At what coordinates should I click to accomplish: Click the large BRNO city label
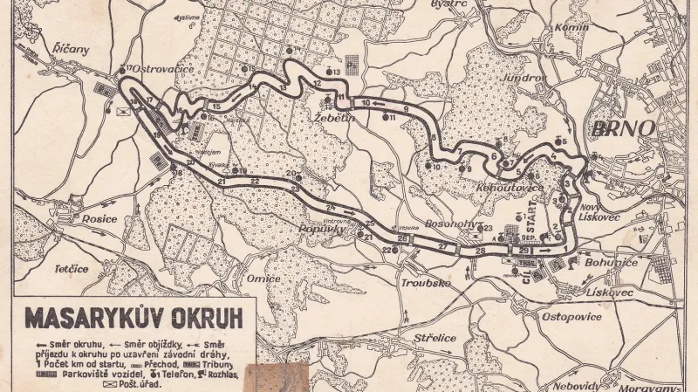[x=624, y=127]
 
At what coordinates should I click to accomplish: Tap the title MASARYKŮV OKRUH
[x=133, y=315]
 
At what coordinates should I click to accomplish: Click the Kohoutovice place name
[x=499, y=187]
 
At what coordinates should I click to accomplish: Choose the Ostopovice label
[x=572, y=316]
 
